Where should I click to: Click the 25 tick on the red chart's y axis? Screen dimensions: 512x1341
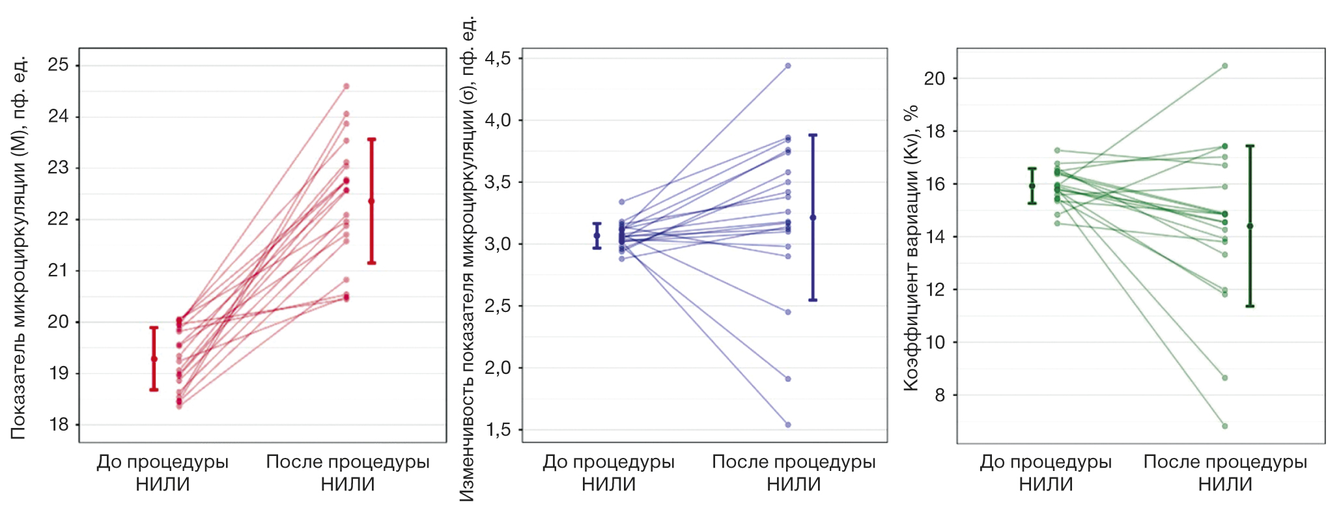click(59, 65)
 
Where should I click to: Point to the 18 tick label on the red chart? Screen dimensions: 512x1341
click(59, 425)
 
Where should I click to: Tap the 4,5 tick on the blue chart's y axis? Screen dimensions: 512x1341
click(498, 59)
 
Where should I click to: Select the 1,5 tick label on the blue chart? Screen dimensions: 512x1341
click(498, 430)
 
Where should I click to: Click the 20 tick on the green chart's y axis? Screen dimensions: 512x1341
click(935, 79)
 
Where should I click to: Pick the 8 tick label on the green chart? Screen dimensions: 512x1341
click(939, 395)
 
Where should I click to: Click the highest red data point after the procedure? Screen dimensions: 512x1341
click(346, 86)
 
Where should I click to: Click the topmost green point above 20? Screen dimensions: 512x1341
click(1224, 66)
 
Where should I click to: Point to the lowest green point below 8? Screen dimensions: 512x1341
click(1224, 426)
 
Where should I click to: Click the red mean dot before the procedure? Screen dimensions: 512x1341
click(154, 359)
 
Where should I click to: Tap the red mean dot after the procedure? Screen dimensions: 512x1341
click(371, 201)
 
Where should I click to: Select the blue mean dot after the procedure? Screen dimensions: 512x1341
click(813, 218)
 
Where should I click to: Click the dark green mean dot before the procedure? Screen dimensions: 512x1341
click(1032, 186)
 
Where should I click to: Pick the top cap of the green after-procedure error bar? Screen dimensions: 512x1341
click(1250, 146)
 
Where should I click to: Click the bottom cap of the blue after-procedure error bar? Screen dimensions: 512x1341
click(813, 300)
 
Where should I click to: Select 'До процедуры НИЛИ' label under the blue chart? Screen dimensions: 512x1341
click(608, 473)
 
